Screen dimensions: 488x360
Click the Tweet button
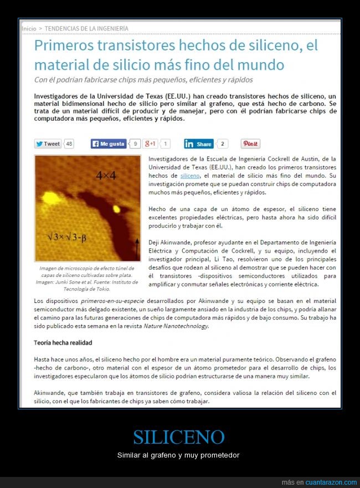coord(48,144)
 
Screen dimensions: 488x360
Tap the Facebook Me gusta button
coord(109,144)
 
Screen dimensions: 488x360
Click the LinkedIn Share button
coord(198,144)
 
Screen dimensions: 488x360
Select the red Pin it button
coord(250,144)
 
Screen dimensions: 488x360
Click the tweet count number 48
coord(69,144)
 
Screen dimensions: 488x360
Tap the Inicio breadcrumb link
coord(29,28)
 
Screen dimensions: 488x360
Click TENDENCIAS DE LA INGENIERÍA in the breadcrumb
coord(86,28)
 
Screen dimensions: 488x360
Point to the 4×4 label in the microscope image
coord(105,176)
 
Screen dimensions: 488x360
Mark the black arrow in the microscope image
coord(136,247)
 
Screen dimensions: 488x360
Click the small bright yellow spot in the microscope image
coord(117,209)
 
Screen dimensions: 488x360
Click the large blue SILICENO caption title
coord(179,437)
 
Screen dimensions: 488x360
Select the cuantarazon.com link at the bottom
coord(327,482)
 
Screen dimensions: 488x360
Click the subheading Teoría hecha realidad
coord(63,343)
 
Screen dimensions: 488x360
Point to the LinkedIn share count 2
coord(222,144)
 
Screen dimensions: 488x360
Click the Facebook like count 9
coord(135,144)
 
